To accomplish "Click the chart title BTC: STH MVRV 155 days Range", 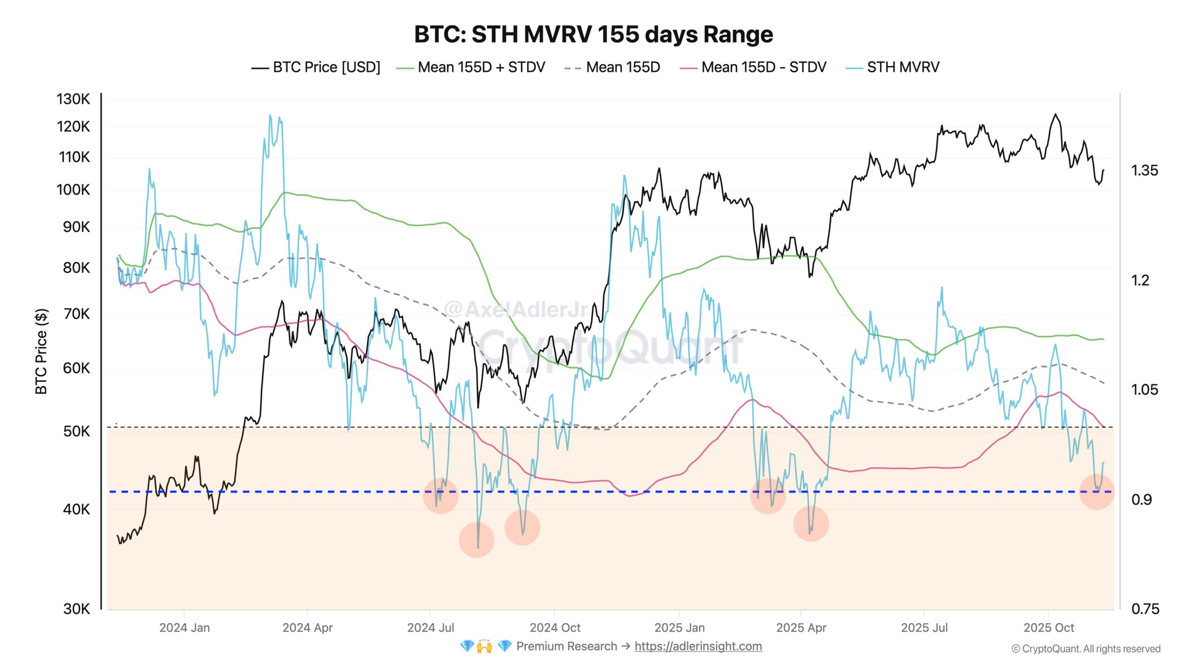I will [594, 34].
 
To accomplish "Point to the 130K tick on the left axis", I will [73, 99].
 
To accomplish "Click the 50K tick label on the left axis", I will [76, 431].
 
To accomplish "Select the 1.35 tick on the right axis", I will [1144, 171].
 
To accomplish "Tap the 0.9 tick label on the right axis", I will [1141, 499].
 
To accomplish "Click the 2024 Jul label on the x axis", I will [430, 628].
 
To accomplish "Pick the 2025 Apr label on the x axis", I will [801, 628].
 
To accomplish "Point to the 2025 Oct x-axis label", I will [1048, 628].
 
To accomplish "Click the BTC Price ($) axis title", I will [41, 351].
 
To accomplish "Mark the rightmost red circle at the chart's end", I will [1096, 492].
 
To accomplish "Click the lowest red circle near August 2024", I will [476, 540].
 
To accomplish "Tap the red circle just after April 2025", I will [811, 524].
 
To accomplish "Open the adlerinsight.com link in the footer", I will [698, 646].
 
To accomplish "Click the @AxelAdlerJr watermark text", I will [516, 309].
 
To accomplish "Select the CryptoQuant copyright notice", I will [1086, 649].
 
